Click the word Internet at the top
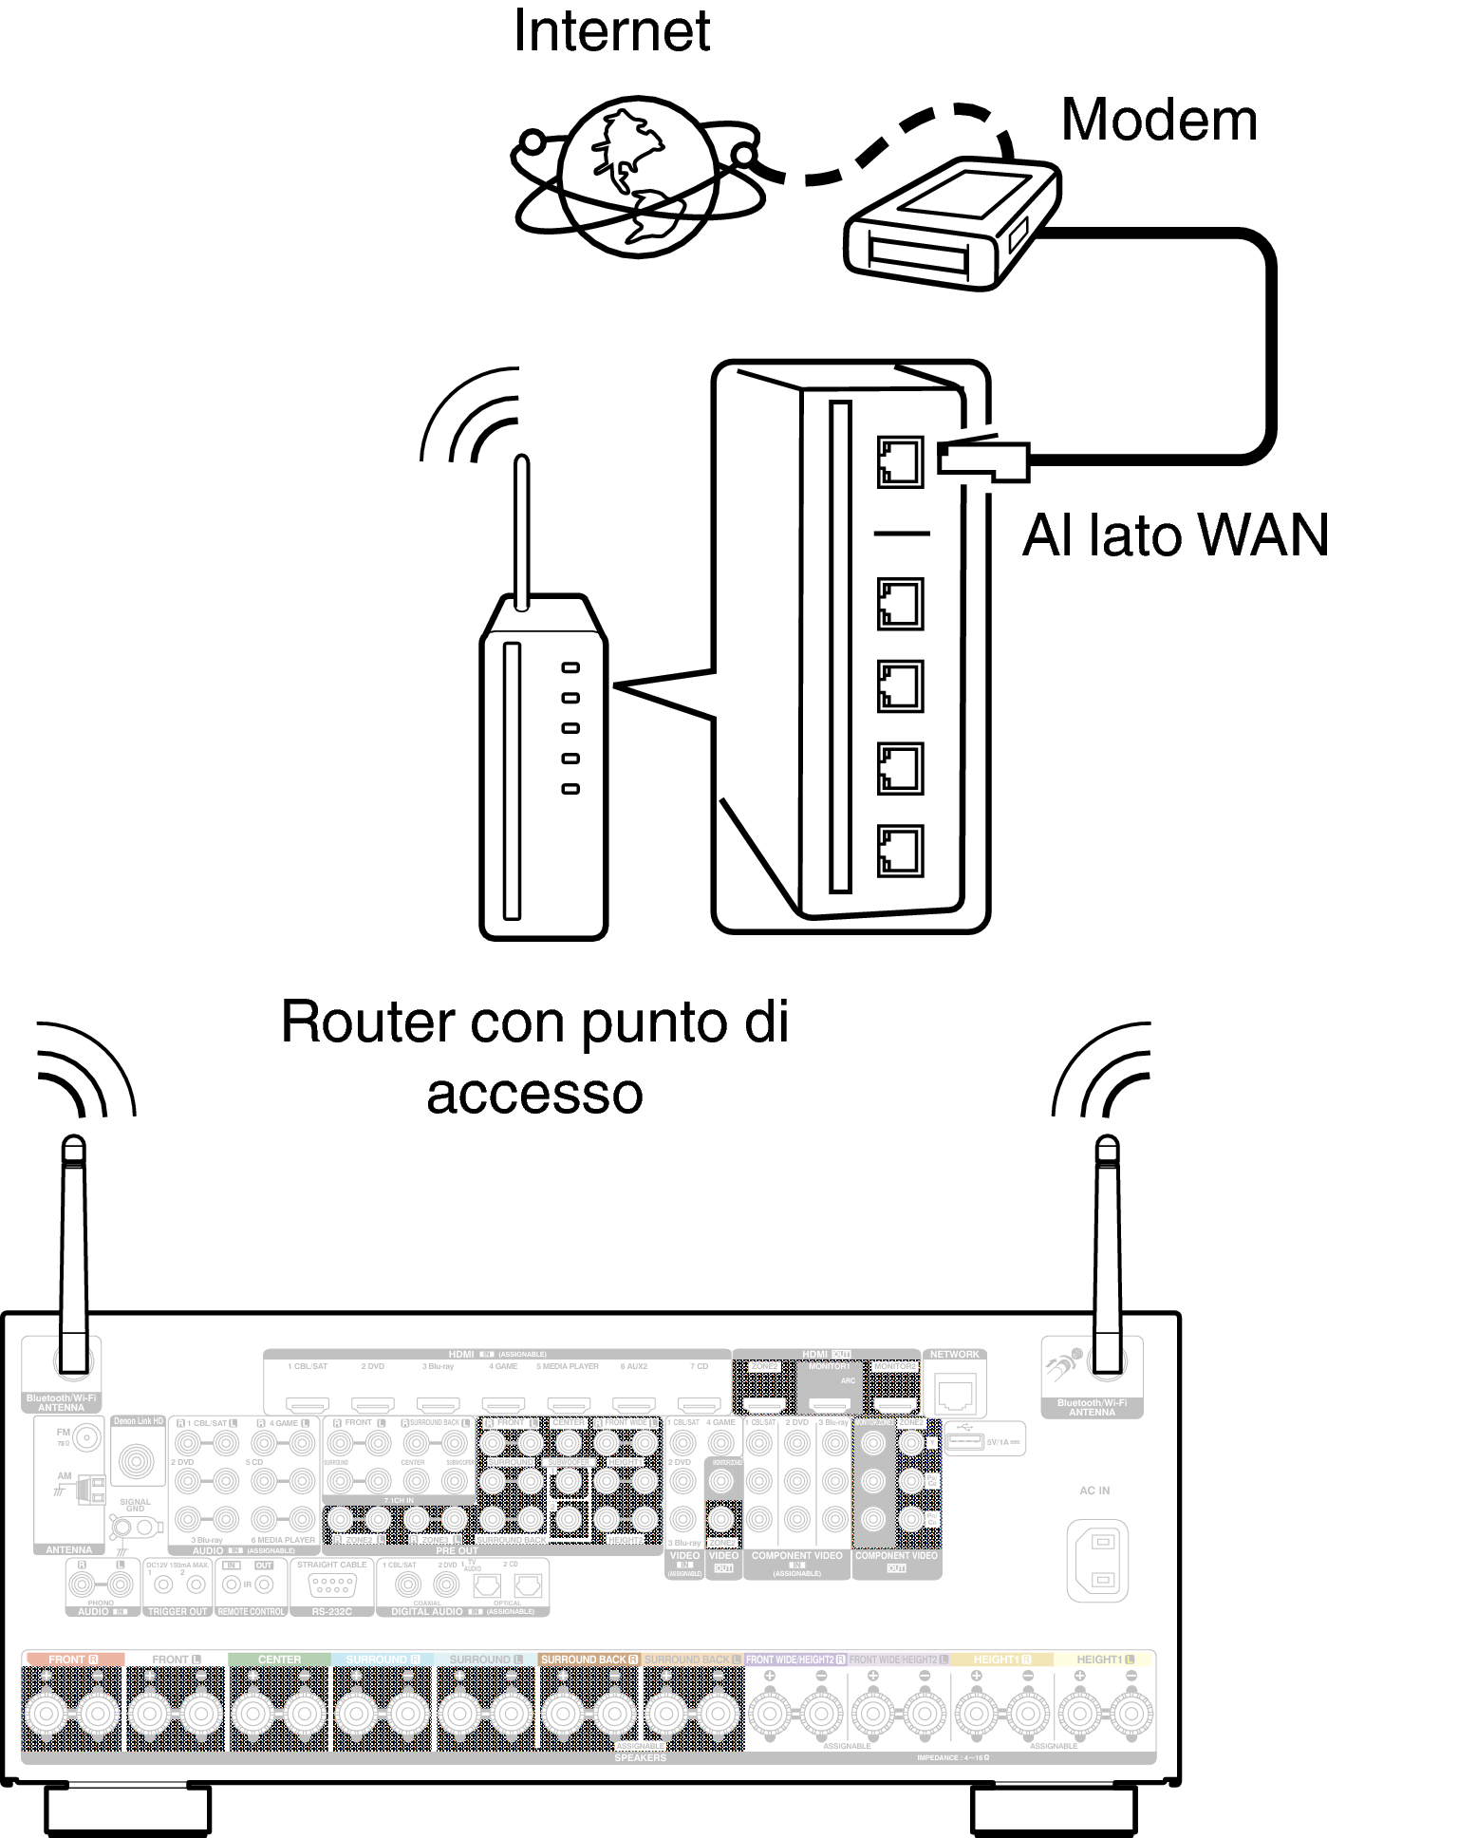click(611, 31)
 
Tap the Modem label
click(1158, 121)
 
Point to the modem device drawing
click(951, 224)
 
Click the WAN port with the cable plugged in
click(900, 462)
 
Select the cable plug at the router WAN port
click(983, 459)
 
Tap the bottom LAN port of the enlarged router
click(900, 851)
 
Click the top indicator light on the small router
click(570, 668)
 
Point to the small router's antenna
click(521, 532)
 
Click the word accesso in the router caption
click(534, 1095)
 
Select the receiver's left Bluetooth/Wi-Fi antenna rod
click(74, 1253)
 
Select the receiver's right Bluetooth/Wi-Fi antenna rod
click(1107, 1253)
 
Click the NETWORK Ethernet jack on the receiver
click(955, 1395)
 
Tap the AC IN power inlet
click(1098, 1560)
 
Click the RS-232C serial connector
click(332, 1585)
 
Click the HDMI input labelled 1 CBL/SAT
click(308, 1404)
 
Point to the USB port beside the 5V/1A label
click(964, 1442)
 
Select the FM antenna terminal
click(85, 1438)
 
